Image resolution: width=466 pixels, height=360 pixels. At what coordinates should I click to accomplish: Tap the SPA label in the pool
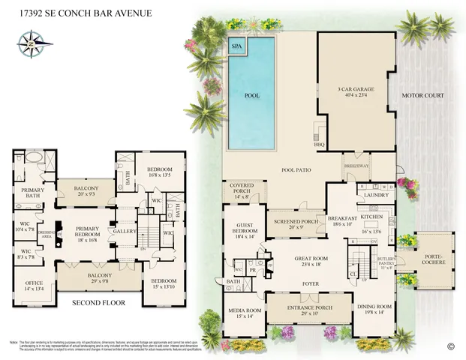pyautogui.click(x=236, y=46)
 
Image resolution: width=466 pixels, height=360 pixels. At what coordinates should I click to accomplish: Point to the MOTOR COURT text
pyautogui.click(x=423, y=95)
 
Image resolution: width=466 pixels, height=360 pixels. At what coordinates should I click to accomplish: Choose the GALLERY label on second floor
pyautogui.click(x=125, y=232)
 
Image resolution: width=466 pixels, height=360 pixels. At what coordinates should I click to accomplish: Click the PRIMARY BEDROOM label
pyautogui.click(x=89, y=232)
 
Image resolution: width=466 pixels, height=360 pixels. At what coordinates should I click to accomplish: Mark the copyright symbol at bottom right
pyautogui.click(x=450, y=346)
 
